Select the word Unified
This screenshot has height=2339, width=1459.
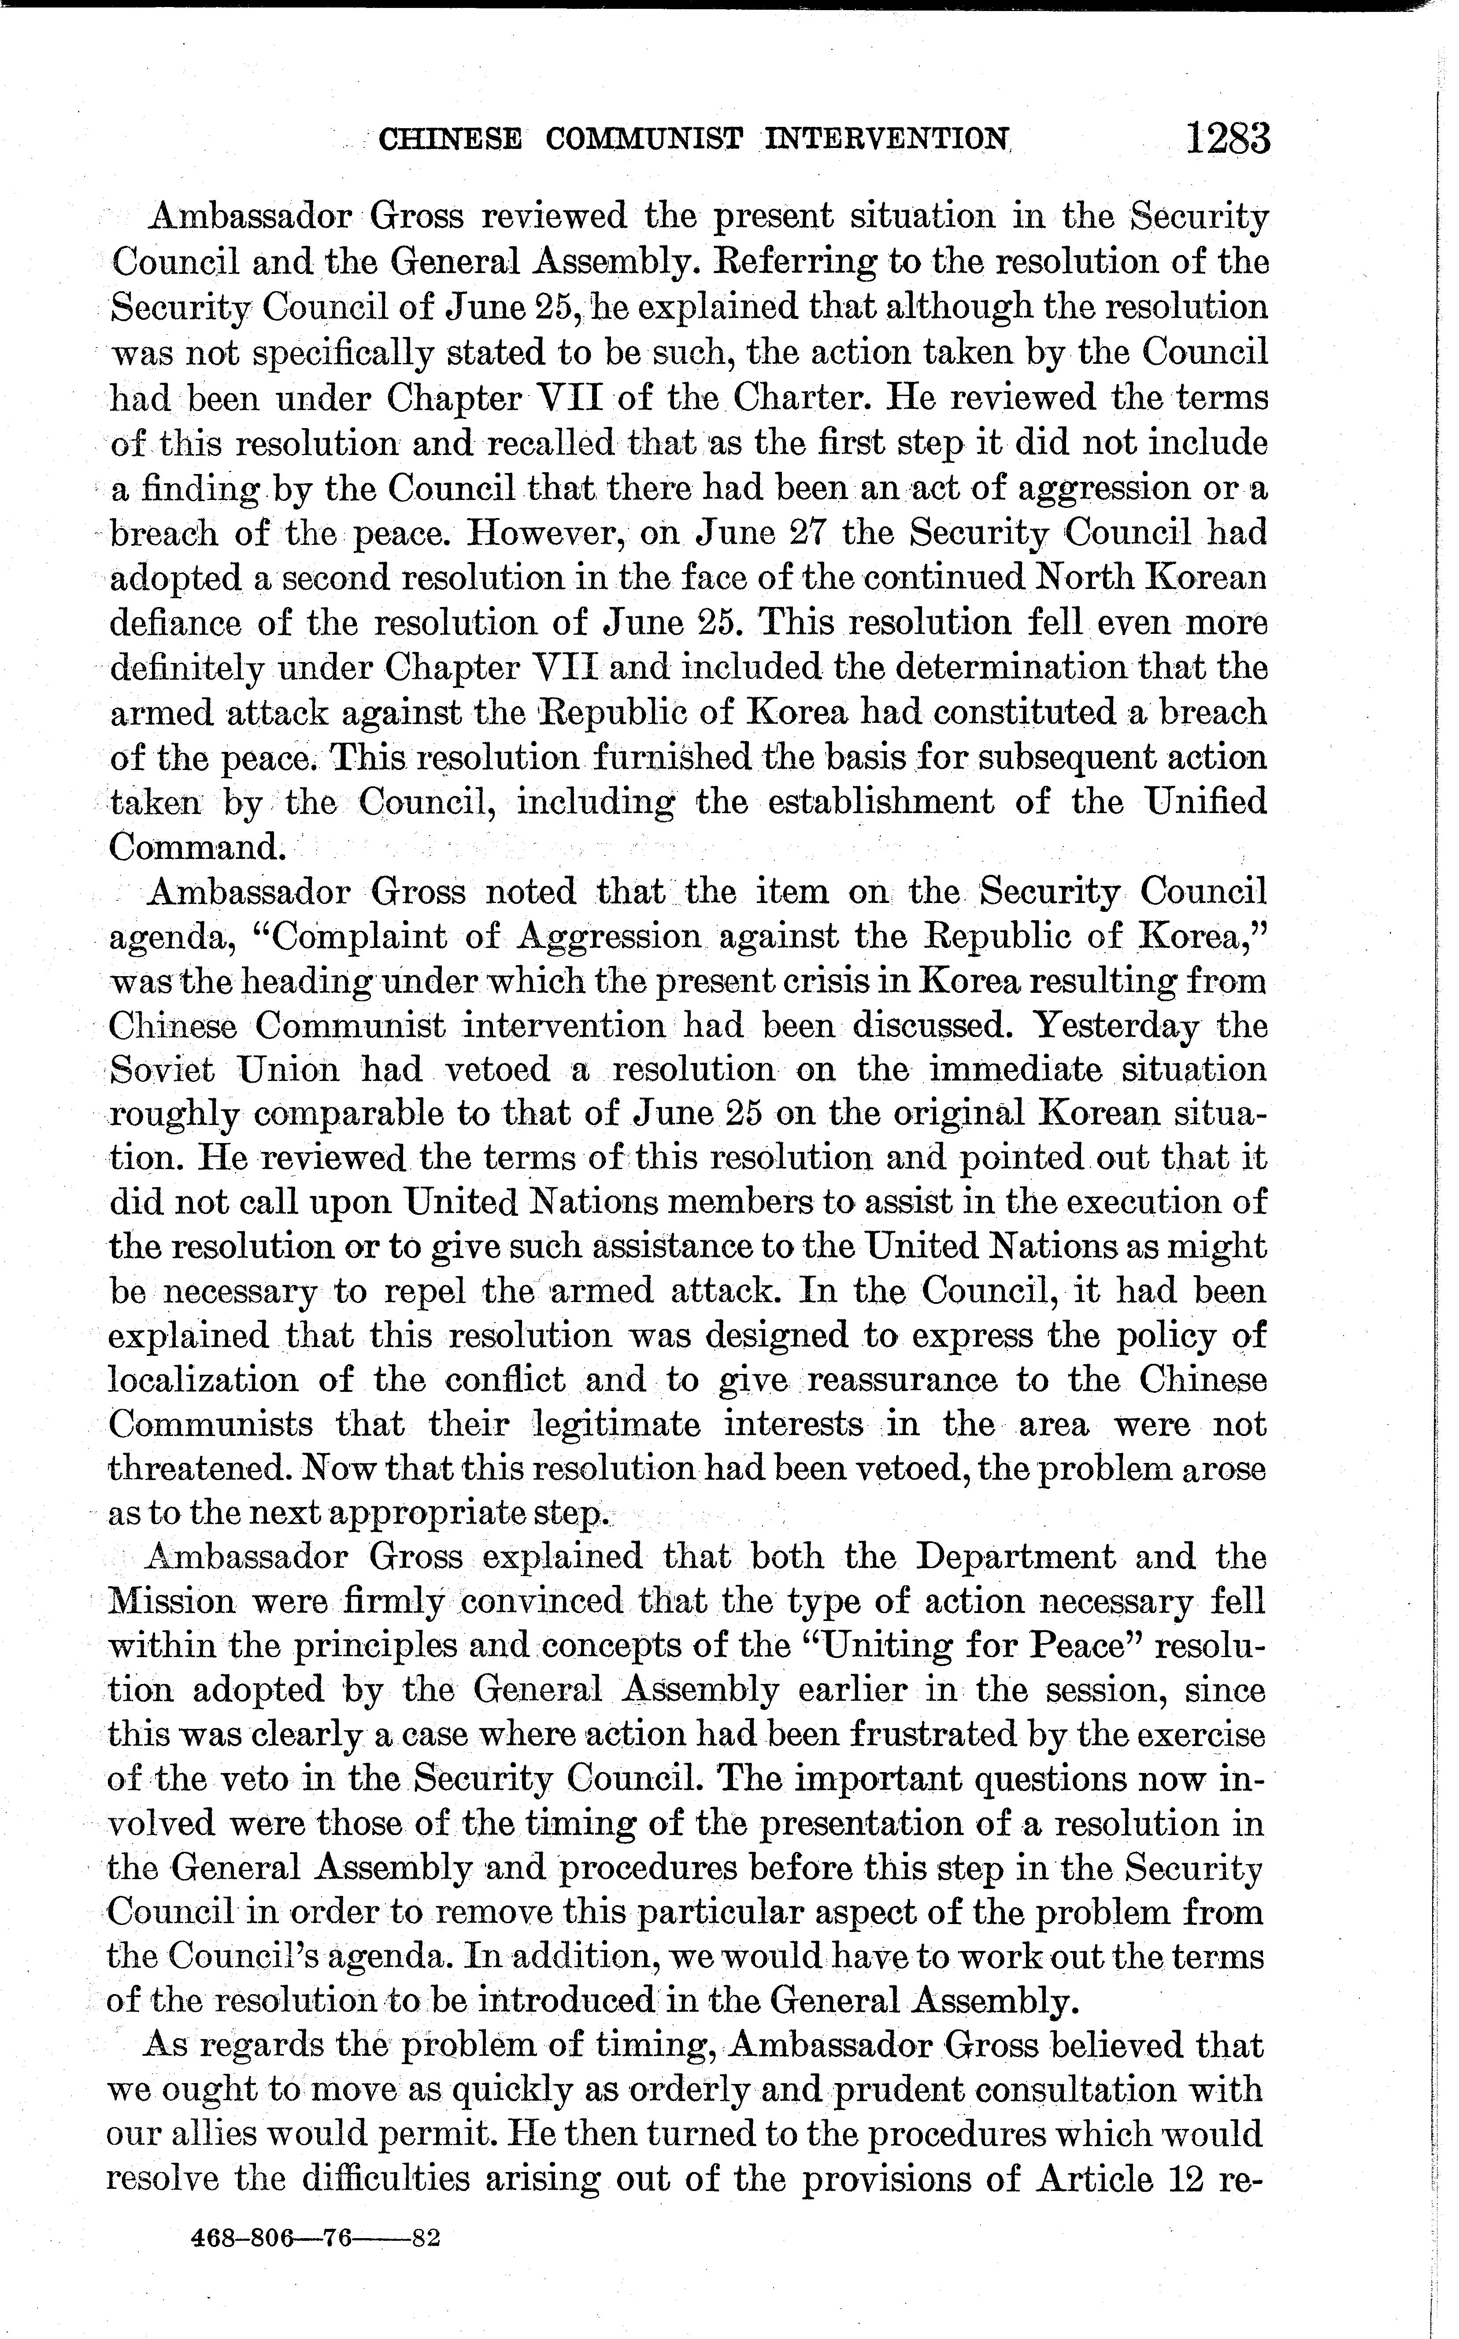coord(1203,802)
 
